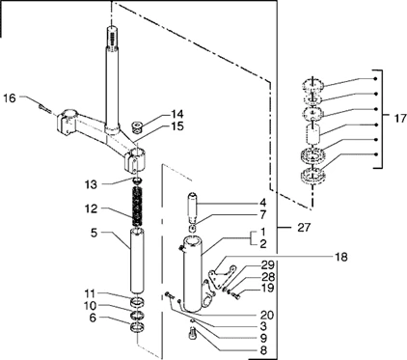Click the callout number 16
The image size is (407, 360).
10,97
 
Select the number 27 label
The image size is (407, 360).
304,228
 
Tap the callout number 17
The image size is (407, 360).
400,118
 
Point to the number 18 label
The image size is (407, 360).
340,257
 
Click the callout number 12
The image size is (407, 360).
91,208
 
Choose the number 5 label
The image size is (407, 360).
94,233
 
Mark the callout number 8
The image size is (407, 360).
263,349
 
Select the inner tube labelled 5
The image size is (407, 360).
137,260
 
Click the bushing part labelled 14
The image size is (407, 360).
138,126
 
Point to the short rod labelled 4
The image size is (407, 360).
194,208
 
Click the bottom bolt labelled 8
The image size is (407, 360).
191,332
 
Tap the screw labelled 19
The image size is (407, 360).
236,295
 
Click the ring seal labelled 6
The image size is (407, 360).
137,328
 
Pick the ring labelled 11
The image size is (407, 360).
137,302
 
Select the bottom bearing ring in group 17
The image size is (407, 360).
313,177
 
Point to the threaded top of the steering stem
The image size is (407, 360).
112,38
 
